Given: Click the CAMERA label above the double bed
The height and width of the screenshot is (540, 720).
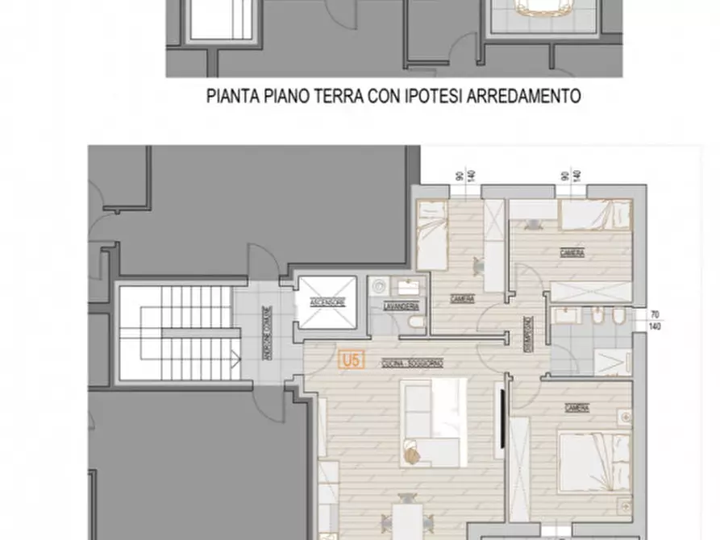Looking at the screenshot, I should click(x=576, y=406).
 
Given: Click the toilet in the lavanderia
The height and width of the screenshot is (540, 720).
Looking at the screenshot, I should click(x=415, y=324).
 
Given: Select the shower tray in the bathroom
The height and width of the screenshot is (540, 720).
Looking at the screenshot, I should click(x=612, y=361).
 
